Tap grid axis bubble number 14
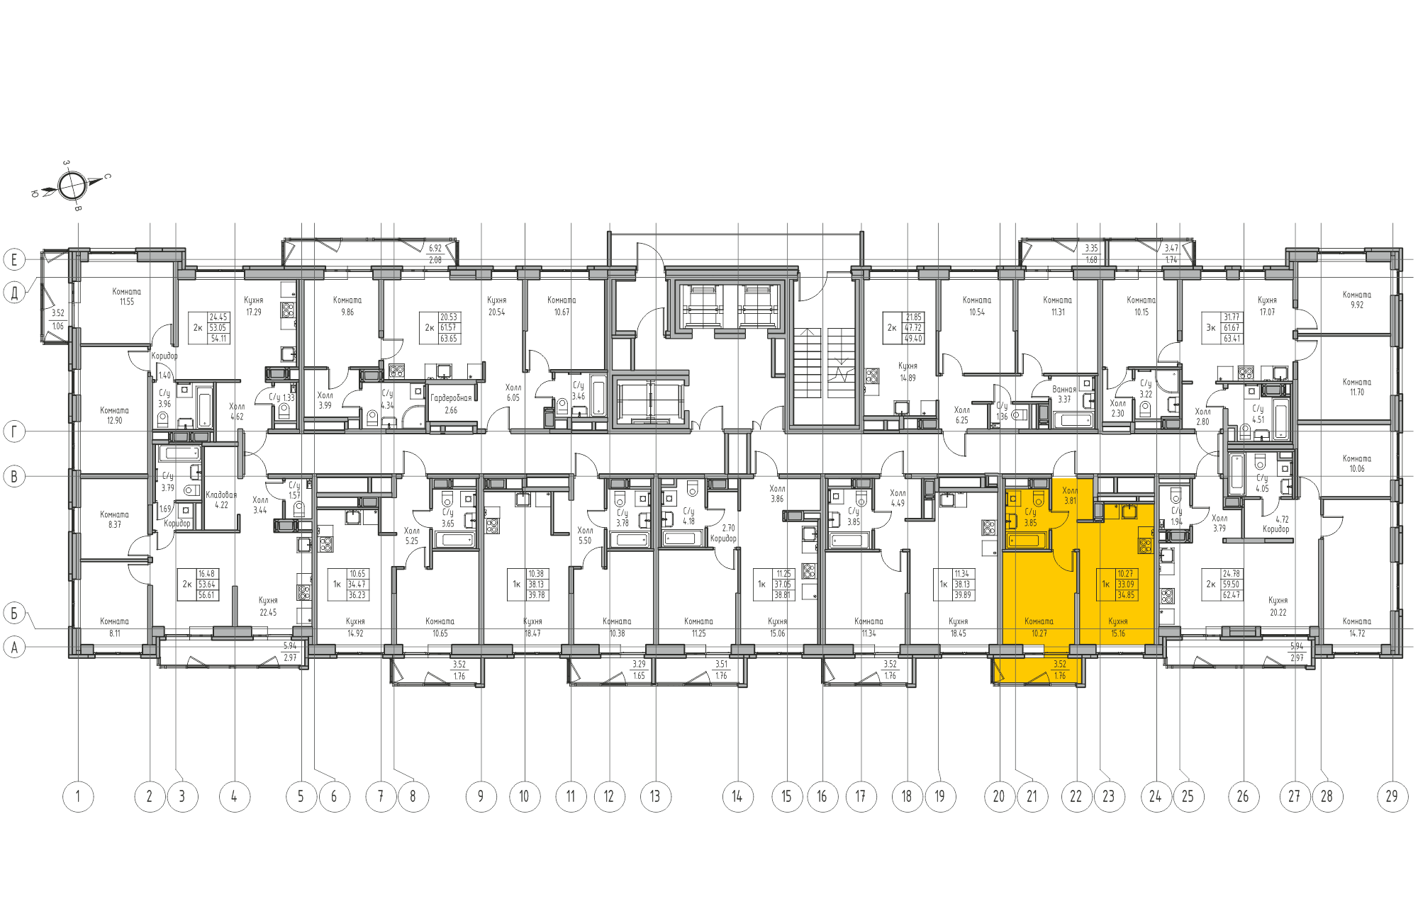pyautogui.click(x=737, y=796)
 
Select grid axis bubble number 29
pyautogui.click(x=1392, y=796)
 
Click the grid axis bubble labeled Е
pyautogui.click(x=14, y=259)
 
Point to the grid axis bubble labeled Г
pyautogui.click(x=14, y=431)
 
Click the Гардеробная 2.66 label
pyautogui.click(x=451, y=404)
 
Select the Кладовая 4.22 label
pyautogui.click(x=221, y=499)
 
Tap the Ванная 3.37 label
pyautogui.click(x=1064, y=394)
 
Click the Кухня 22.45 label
pyautogui.click(x=268, y=606)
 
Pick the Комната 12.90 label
pyautogui.click(x=114, y=415)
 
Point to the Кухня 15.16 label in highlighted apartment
pyautogui.click(x=1118, y=627)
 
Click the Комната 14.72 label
pyautogui.click(x=1356, y=627)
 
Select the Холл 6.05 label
pyautogui.click(x=513, y=392)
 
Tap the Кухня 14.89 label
pyautogui.click(x=908, y=372)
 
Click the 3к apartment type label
pyautogui.click(x=1210, y=328)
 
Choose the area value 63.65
pyautogui.click(x=449, y=339)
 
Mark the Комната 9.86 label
pyautogui.click(x=347, y=305)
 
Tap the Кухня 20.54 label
pyautogui.click(x=496, y=305)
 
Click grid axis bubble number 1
pyautogui.click(x=78, y=796)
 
